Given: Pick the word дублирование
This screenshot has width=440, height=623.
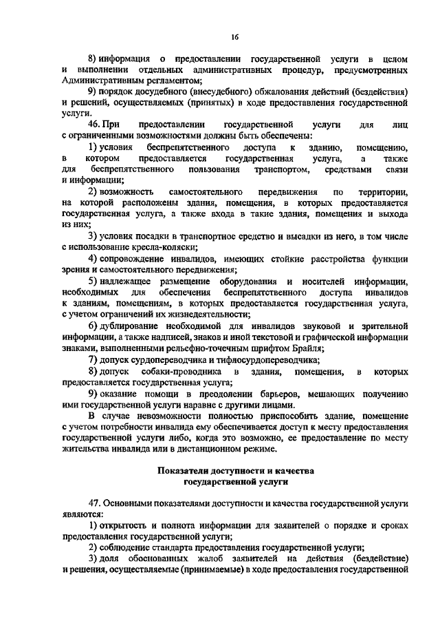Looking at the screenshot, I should (133, 326).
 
